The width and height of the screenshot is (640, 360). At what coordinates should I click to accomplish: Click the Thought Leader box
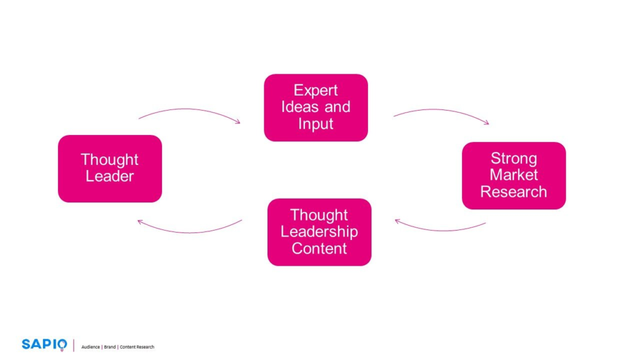pos(109,168)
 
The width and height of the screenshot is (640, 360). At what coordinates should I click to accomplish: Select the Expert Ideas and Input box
pos(316,107)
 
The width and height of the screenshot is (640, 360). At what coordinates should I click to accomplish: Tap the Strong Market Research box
pos(513,175)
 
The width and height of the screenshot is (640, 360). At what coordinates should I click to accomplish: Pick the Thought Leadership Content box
pos(319,232)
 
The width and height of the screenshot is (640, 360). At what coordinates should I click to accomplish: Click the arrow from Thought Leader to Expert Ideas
pos(187,111)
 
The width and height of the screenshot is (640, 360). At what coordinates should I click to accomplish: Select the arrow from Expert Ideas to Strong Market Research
pos(441,112)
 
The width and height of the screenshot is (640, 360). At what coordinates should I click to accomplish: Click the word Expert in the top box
pos(316,91)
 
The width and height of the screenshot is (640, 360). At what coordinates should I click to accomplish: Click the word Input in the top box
pos(316,124)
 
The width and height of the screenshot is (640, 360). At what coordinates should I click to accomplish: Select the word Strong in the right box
pos(513,158)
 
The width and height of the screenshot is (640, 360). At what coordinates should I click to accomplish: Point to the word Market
pos(513,175)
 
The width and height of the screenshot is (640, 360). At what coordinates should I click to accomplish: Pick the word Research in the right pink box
pos(513,192)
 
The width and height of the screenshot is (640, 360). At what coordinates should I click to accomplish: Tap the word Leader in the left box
pos(109,177)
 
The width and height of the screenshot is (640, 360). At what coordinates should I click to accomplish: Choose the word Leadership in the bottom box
pos(319,232)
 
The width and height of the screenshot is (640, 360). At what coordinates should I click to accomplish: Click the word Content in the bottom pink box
pos(319,249)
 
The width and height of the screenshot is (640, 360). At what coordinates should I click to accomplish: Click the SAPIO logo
pos(44,344)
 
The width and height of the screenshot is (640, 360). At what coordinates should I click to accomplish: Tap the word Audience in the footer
pos(91,347)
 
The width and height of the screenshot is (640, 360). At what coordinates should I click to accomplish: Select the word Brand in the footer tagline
pos(109,347)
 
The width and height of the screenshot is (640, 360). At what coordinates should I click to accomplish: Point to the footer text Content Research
pos(137,347)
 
